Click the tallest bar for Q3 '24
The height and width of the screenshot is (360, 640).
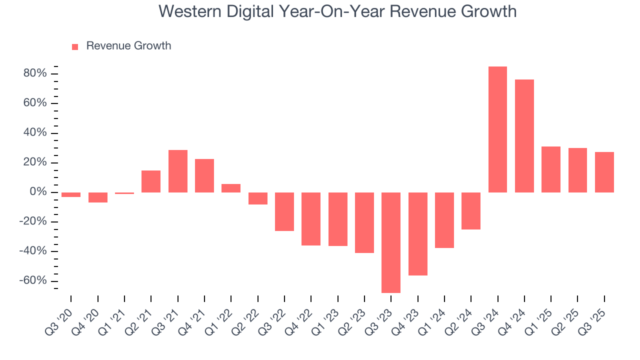point(497,129)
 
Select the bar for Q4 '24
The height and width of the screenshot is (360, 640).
point(524,136)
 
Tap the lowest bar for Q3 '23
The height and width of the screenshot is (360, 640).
point(391,242)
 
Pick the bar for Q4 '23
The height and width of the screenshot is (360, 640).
point(417,234)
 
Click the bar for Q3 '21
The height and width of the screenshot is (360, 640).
point(178,171)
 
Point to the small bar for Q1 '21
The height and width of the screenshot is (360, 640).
point(124,193)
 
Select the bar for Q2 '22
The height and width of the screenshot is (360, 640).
point(258,198)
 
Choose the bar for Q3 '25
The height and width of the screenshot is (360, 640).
point(604,172)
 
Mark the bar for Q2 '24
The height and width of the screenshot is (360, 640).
point(471,211)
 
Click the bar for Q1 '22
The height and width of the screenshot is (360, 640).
point(231,188)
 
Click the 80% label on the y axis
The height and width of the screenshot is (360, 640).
point(35,73)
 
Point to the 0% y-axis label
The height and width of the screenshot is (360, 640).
point(38,192)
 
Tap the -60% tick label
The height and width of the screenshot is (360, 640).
point(33,280)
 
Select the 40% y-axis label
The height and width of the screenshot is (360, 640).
point(35,133)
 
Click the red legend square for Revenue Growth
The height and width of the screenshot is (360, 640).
point(75,46)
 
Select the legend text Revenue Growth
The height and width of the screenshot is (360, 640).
point(128,46)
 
